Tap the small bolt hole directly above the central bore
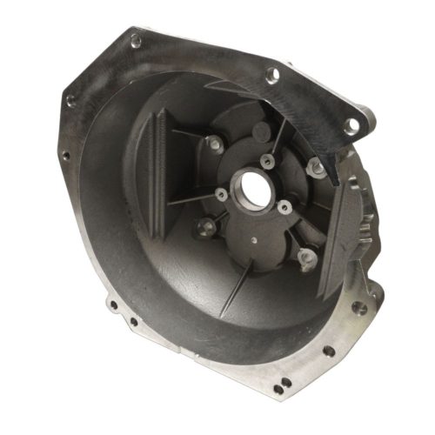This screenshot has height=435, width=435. click(268, 161)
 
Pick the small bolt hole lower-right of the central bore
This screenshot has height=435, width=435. click(284, 206)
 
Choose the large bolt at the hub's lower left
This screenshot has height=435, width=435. click(206, 227)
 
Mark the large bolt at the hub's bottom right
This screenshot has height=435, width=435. click(305, 257)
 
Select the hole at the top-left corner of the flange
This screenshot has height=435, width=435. click(135, 39)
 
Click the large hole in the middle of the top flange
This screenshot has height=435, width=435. click(272, 75)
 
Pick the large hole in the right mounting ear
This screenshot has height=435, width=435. click(351, 126)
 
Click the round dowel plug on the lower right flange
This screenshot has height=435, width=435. click(357, 307)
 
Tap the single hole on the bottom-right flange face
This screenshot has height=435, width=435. click(328, 351)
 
